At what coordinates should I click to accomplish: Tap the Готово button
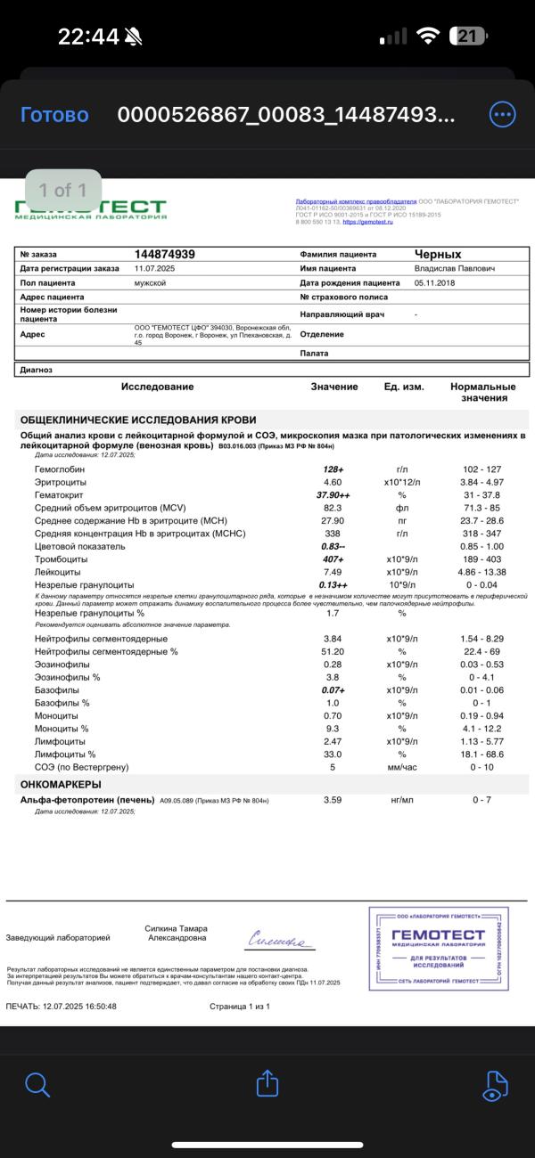(54, 115)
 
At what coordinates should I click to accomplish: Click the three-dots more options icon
(503, 115)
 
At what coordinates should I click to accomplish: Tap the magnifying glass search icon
(37, 1084)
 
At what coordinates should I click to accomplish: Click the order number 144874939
(165, 254)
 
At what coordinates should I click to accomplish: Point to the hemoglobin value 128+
(333, 469)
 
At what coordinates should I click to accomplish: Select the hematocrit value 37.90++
(333, 494)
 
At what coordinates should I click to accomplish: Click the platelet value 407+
(333, 559)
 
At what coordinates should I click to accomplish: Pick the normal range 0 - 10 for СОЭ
(481, 767)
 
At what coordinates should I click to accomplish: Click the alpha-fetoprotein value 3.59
(333, 800)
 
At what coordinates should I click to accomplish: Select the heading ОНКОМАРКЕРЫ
(61, 785)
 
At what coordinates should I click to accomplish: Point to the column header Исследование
(157, 387)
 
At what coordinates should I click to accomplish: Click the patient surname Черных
(438, 254)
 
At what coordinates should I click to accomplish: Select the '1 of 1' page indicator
(62, 190)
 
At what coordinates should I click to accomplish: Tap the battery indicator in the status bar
(469, 37)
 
